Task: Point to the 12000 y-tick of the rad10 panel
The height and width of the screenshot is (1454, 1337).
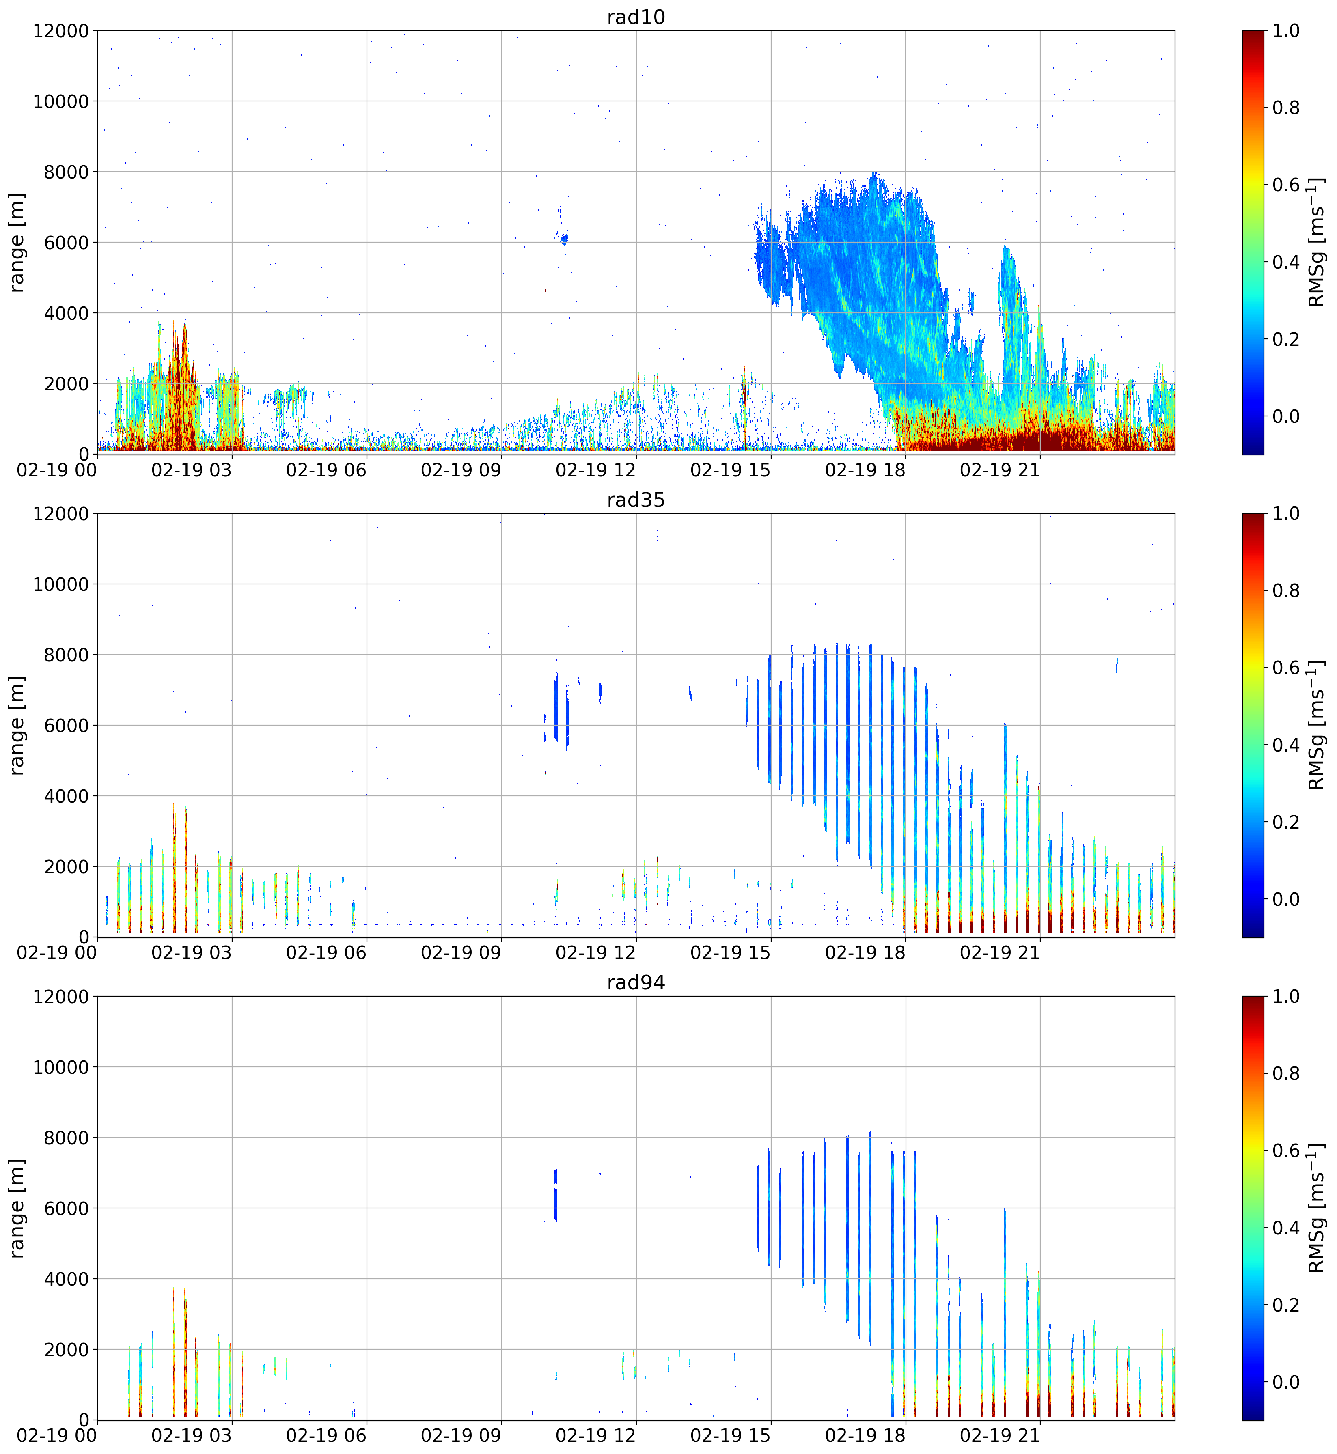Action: (61, 31)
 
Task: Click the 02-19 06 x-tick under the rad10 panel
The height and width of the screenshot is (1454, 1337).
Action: (326, 470)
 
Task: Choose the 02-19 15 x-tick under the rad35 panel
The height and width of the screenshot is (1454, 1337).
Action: (731, 953)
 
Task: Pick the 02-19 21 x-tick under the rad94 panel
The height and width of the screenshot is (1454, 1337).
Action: (1000, 1436)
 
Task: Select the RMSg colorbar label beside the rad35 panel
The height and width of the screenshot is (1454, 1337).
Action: (1317, 726)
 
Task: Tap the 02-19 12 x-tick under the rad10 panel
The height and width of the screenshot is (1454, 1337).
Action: (595, 470)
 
